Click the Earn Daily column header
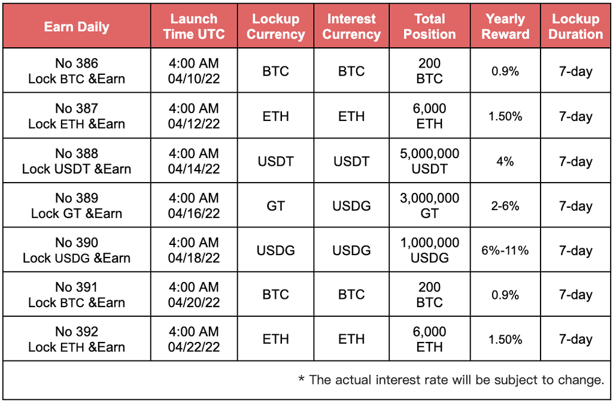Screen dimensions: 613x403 click(x=77, y=26)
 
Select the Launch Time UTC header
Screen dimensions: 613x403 click(x=194, y=26)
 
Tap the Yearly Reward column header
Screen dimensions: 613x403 click(x=505, y=26)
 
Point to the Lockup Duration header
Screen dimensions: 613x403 click(x=575, y=26)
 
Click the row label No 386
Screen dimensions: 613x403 click(x=77, y=63)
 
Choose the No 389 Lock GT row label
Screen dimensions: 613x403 click(x=77, y=205)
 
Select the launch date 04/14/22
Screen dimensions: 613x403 click(x=194, y=169)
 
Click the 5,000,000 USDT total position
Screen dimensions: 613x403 click(x=429, y=161)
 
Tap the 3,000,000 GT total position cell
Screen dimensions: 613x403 click(x=429, y=205)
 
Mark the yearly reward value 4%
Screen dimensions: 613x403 click(x=505, y=162)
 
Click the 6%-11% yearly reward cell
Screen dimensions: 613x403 click(x=505, y=250)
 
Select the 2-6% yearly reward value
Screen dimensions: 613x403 click(x=505, y=206)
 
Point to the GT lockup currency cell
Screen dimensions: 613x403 click(x=275, y=206)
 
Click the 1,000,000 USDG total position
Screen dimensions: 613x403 click(x=429, y=250)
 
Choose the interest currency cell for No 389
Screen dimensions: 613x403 click(x=351, y=206)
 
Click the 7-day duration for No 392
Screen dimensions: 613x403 click(x=575, y=340)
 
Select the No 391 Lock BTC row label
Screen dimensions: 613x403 click(x=77, y=295)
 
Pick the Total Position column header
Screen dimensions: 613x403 click(x=429, y=26)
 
